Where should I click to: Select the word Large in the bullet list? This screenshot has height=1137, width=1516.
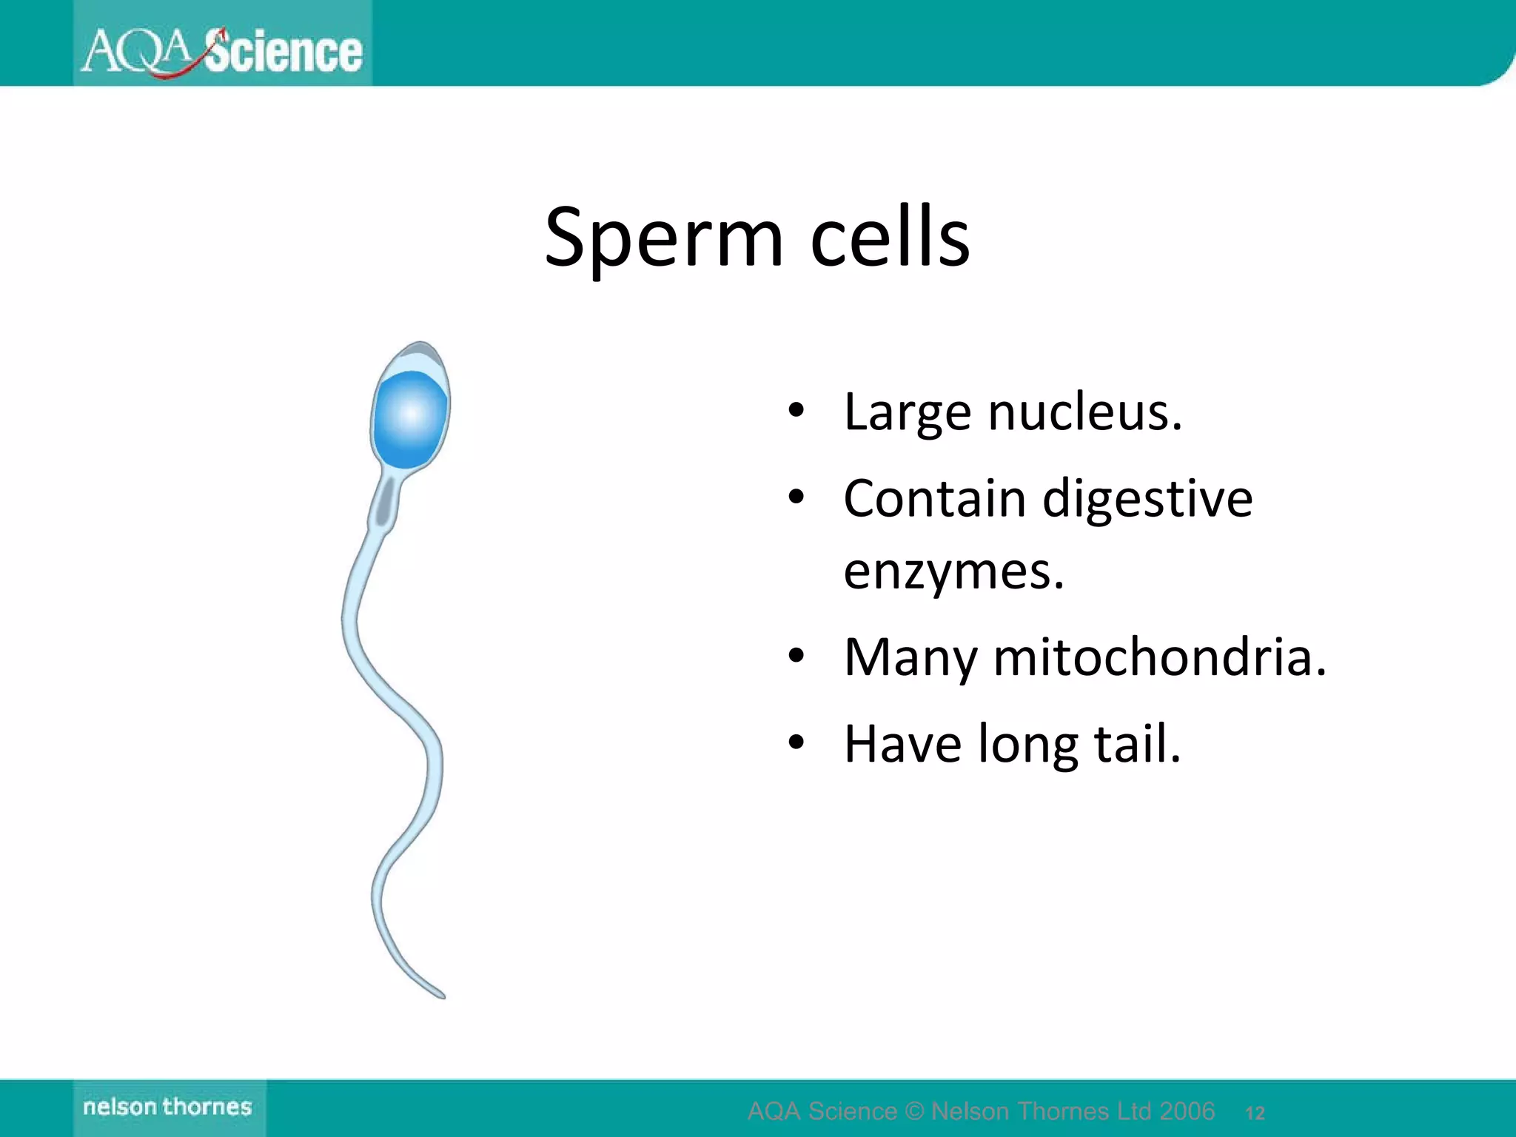[x=908, y=413]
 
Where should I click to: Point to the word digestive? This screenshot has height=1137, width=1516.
[x=1147, y=499]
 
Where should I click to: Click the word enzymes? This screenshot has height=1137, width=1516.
[x=953, y=571]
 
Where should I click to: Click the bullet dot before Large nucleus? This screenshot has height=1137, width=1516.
[x=796, y=412]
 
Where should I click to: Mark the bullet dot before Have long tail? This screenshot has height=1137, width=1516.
[x=796, y=743]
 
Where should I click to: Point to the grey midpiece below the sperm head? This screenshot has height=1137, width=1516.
[x=384, y=503]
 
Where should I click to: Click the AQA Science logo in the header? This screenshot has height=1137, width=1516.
[x=222, y=50]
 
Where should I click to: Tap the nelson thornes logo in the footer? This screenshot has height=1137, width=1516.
[x=168, y=1107]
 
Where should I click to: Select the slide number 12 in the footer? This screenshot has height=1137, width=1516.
[x=1255, y=1113]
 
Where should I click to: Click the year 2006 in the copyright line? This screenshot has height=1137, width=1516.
[x=1187, y=1111]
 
